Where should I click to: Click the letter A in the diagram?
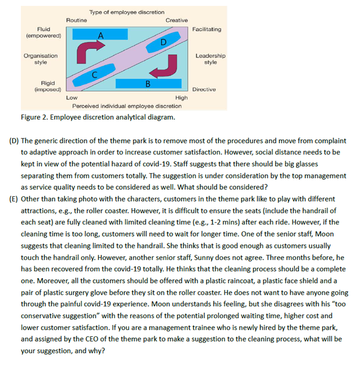102,35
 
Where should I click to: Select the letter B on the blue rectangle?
148,83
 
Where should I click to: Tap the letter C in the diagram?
94,74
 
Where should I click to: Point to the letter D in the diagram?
164,42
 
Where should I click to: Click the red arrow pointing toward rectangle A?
87,51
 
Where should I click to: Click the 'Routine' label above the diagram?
76,20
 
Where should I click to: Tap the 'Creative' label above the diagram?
176,20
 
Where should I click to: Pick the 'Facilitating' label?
207,30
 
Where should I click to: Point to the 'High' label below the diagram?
182,97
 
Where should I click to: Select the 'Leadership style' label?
210,59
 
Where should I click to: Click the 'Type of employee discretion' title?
127,12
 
